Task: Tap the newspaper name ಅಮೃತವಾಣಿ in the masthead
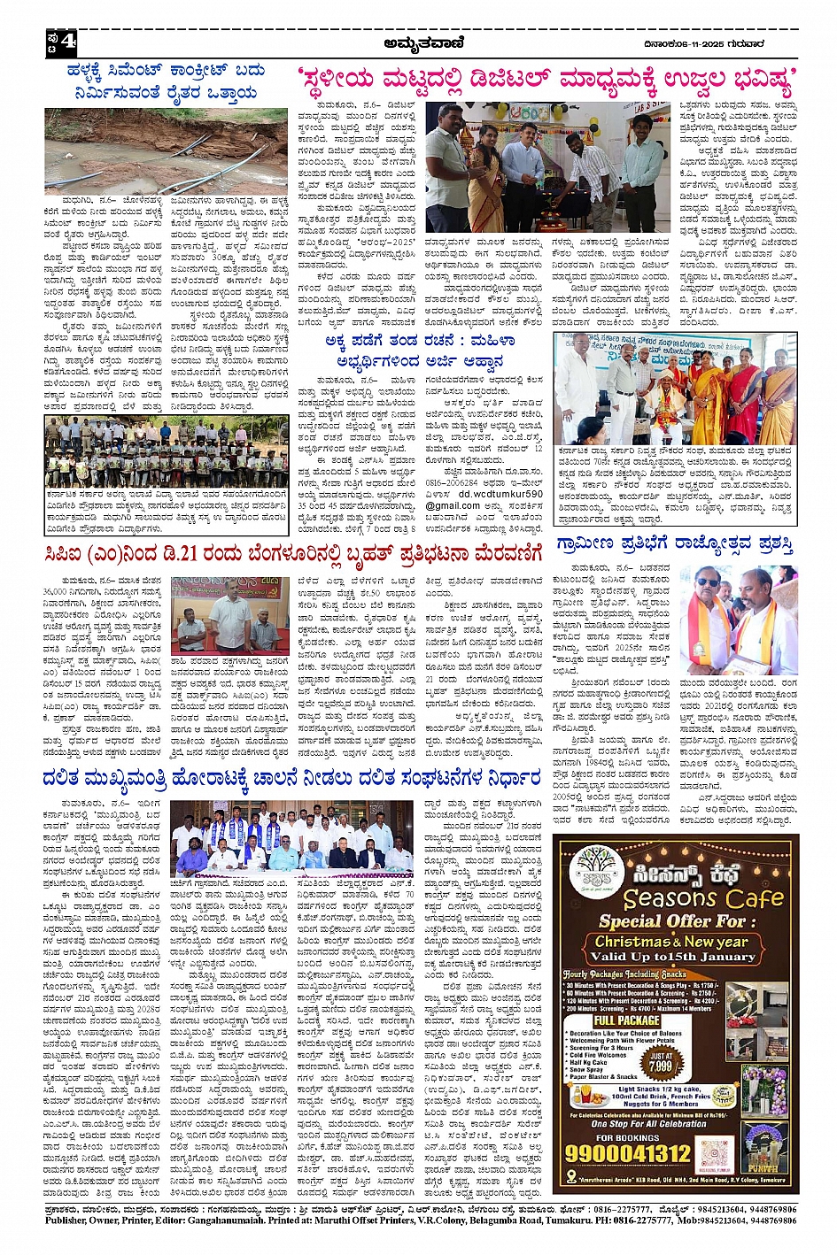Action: (x=420, y=41)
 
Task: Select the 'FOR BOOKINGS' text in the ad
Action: (x=625, y=1137)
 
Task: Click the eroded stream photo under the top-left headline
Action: (x=166, y=150)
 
